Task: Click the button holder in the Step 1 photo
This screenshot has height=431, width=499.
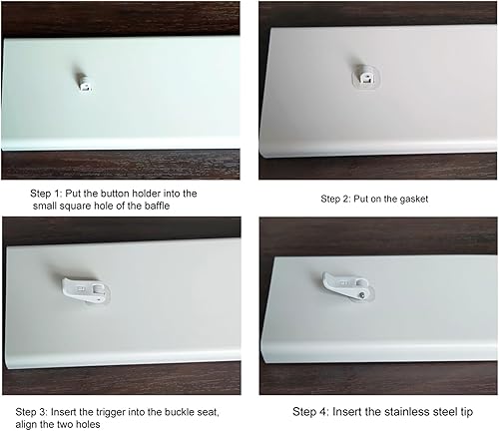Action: [85, 82]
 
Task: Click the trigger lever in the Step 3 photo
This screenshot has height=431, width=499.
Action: [86, 290]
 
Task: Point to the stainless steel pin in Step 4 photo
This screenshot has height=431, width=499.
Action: [363, 294]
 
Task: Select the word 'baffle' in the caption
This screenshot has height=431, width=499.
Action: [157, 206]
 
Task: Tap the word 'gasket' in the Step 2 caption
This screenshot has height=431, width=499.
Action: [414, 200]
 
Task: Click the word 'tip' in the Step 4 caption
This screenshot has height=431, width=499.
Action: [466, 412]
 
